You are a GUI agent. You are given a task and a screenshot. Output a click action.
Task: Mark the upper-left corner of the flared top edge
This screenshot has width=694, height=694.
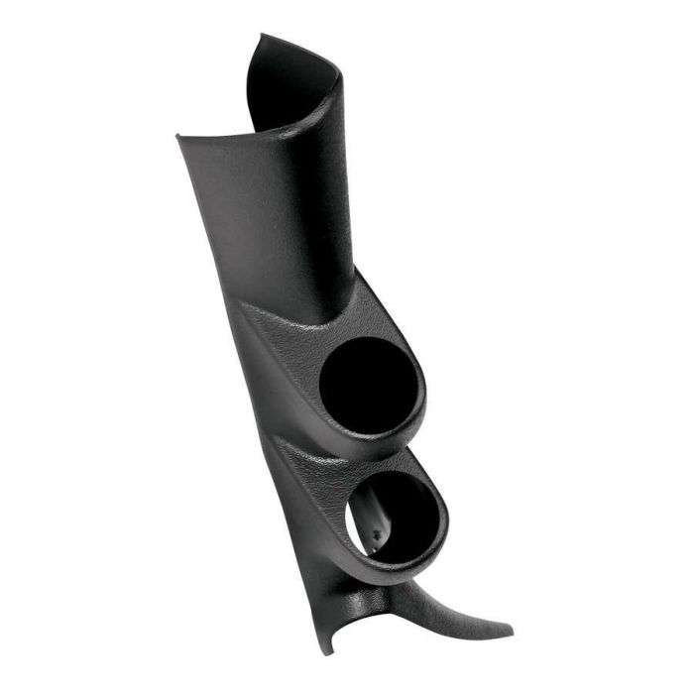coord(179,136)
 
